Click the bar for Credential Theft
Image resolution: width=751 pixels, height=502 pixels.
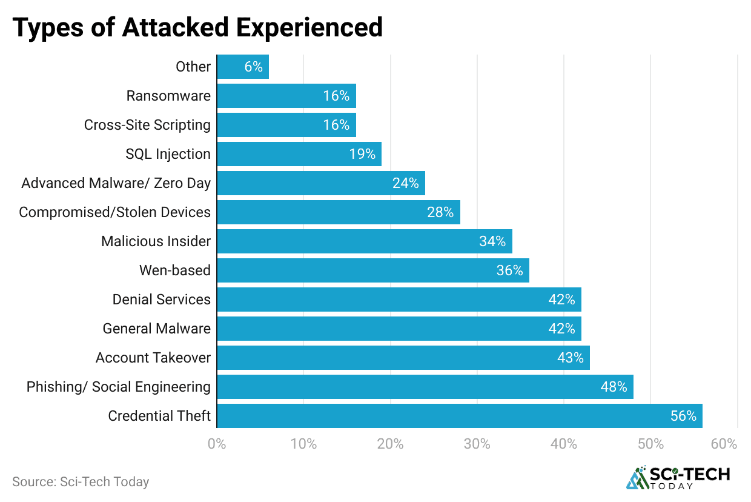point(459,416)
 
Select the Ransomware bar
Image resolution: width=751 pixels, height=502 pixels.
point(286,96)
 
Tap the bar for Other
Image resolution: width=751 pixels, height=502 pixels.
point(242,67)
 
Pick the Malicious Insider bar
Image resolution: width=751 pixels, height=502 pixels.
point(364,241)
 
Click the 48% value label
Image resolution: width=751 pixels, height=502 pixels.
point(614,387)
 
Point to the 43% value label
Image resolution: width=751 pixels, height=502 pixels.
point(570,358)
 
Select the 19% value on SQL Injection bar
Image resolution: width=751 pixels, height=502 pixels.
point(362,154)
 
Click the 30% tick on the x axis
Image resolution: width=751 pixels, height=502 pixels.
point(477,444)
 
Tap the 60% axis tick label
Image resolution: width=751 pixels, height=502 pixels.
point(724,444)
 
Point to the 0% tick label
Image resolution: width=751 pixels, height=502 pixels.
point(217,444)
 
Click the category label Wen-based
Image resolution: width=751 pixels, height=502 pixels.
point(175,270)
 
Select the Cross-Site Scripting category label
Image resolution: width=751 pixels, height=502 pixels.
point(147,125)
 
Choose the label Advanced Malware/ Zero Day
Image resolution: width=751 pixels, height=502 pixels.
point(116,183)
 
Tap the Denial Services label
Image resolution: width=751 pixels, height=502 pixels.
point(161,300)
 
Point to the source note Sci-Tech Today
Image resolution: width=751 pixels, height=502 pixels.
point(81,482)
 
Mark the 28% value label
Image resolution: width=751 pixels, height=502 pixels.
point(440,212)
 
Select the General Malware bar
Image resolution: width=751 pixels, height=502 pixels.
point(399,329)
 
